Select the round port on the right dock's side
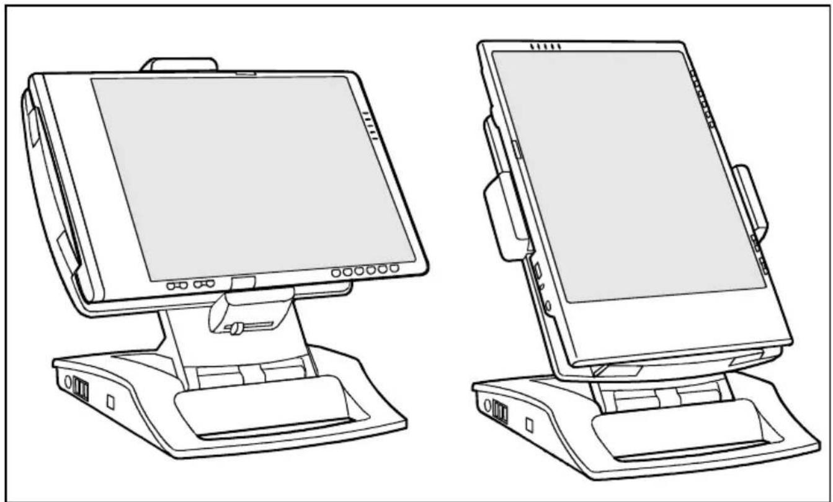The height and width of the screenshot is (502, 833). click(x=487, y=407)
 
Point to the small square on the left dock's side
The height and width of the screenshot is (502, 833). click(x=110, y=401)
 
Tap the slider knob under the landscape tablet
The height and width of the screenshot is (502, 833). click(x=236, y=328)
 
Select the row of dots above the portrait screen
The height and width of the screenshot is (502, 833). click(x=546, y=47)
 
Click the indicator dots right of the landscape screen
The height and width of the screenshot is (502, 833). click(x=370, y=124)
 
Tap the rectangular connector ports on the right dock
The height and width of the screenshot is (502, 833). click(x=500, y=413)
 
